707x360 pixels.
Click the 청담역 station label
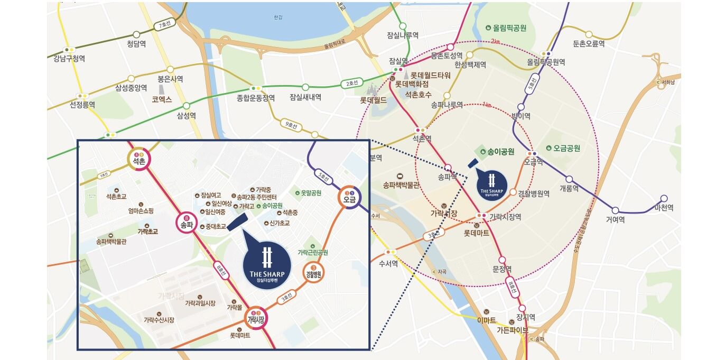click(x=136, y=44)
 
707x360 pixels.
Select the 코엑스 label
click(x=162, y=99)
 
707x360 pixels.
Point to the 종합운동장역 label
click(x=256, y=98)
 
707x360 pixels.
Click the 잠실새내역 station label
click(x=305, y=97)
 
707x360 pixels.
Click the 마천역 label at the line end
click(x=664, y=208)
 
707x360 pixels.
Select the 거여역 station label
click(x=616, y=219)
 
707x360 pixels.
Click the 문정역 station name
click(x=502, y=269)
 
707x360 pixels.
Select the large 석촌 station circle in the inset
click(x=140, y=158)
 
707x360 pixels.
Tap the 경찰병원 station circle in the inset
click(x=313, y=274)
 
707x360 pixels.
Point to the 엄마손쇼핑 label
click(x=141, y=211)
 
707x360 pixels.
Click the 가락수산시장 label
click(x=159, y=320)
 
